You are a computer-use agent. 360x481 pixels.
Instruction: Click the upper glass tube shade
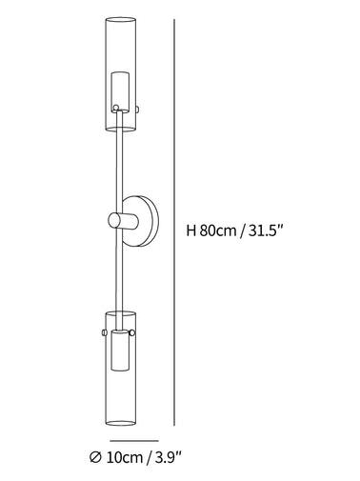tap(121, 74)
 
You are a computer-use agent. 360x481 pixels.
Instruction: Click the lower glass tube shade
tap(121, 369)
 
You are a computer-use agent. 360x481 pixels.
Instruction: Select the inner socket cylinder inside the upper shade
tap(120, 92)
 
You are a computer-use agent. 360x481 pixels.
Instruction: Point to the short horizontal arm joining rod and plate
tap(123, 220)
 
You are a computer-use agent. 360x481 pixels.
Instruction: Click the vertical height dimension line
tap(174, 222)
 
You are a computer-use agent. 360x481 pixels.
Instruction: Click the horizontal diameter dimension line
tap(134, 441)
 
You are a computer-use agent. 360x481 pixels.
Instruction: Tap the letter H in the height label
tap(190, 230)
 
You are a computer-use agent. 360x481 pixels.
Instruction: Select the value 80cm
tap(218, 230)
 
